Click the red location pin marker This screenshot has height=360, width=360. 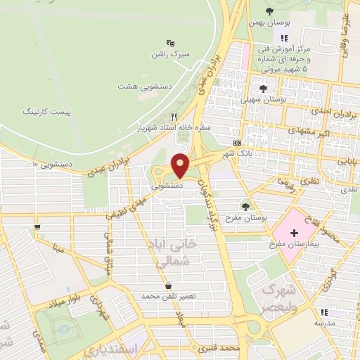(180, 165)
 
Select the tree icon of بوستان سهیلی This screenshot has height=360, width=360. (263, 89)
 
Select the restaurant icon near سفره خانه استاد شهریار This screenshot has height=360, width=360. (174, 117)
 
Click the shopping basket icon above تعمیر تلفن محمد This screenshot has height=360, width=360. (168, 285)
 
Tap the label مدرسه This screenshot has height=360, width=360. (323, 323)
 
